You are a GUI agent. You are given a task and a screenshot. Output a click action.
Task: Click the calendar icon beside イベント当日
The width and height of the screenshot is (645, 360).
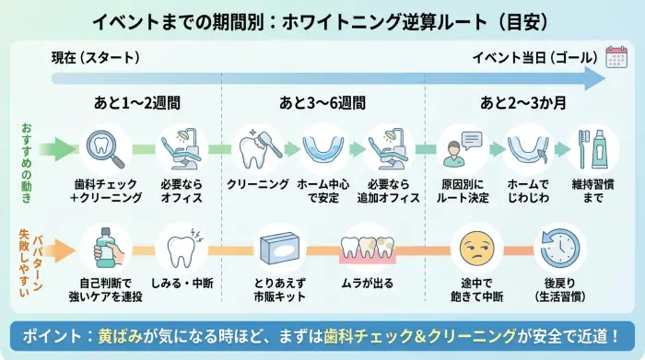[x=616, y=57]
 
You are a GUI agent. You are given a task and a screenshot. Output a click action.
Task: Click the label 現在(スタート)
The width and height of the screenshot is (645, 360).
[x=95, y=58]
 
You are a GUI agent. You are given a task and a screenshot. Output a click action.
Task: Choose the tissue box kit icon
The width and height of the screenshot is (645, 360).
[x=279, y=247]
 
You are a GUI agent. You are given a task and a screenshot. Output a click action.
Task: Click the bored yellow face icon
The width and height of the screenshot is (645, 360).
[x=475, y=246]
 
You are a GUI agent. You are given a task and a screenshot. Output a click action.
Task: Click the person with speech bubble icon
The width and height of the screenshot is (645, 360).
[x=462, y=147]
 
